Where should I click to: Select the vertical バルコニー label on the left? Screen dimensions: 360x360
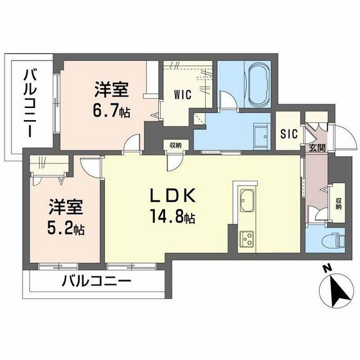(x=29, y=103)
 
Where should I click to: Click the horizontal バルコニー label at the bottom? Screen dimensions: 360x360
(x=96, y=282)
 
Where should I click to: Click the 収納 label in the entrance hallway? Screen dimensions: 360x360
(x=338, y=203)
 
